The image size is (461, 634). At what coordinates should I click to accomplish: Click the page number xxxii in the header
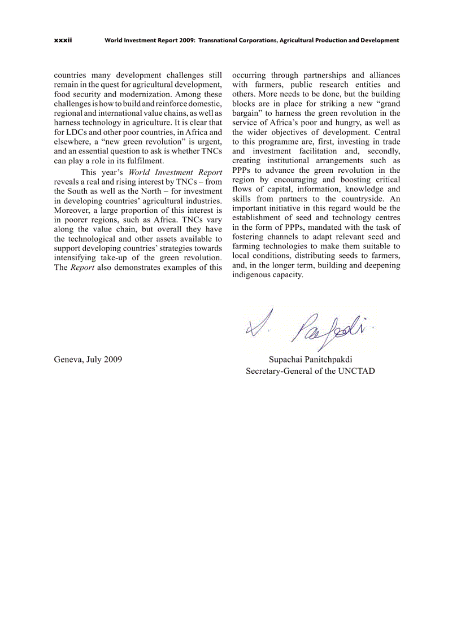tap(63, 41)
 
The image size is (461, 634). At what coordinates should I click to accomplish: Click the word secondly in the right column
tap(382, 151)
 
